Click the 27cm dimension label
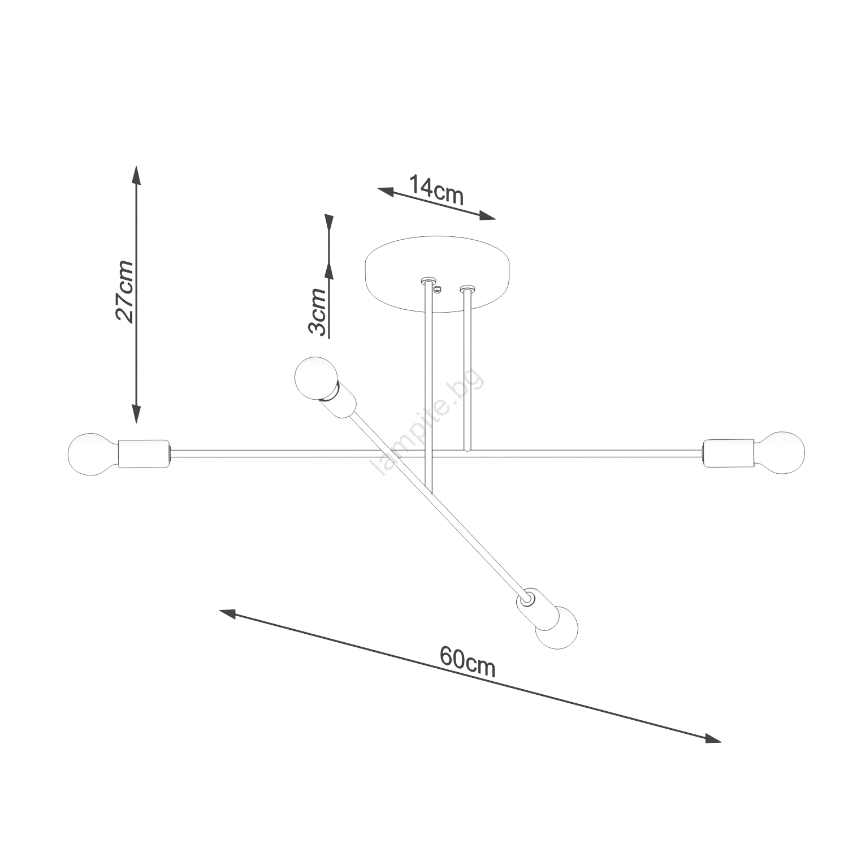tap(125, 292)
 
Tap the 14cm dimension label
tap(436, 190)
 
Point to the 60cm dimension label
tap(468, 661)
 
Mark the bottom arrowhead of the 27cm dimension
tap(136, 414)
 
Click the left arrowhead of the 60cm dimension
tap(228, 613)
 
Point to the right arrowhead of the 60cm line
tap(713, 738)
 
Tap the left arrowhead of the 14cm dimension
tap(386, 191)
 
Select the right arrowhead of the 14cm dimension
tap(487, 215)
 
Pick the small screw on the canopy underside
tap(437, 289)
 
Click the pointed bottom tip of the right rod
tap(467, 452)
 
